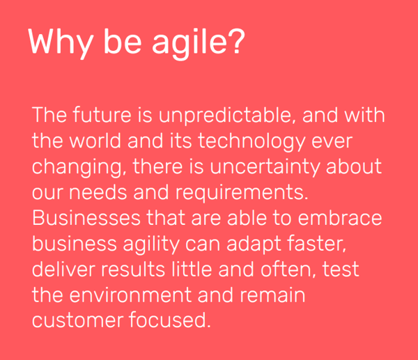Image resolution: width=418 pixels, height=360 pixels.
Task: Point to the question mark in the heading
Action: tap(236, 42)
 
